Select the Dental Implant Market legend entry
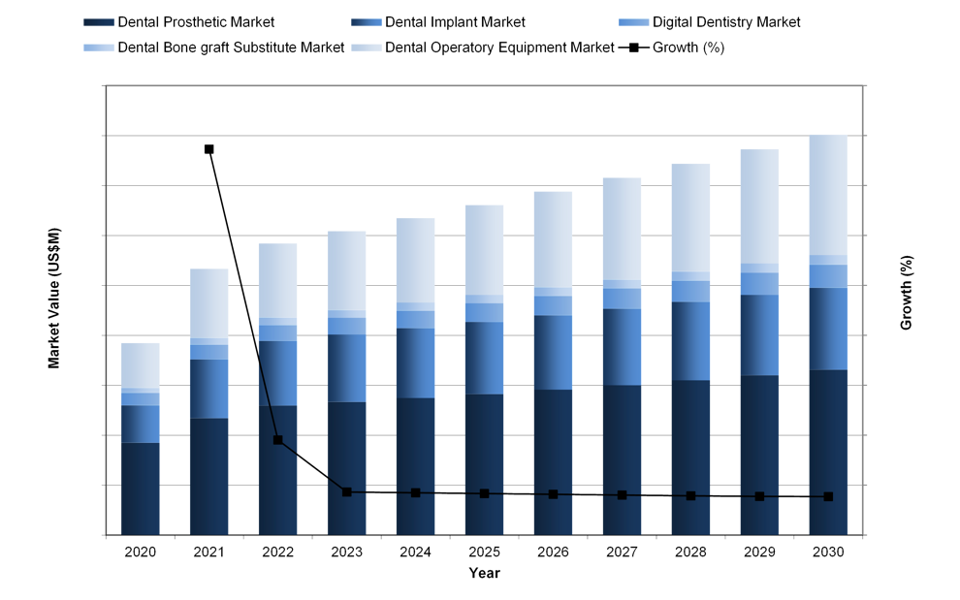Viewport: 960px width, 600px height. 427,22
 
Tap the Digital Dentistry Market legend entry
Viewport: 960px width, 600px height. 713,22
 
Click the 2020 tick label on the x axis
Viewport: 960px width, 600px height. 141,552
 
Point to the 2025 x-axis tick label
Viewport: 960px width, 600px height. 484,552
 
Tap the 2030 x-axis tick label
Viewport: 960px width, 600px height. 828,552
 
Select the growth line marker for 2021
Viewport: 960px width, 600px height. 208,149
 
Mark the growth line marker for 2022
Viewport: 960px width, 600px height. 277,440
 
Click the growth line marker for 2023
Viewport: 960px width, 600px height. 346,492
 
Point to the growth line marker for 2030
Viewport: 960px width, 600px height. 828,496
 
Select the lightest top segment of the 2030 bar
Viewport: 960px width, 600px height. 828,194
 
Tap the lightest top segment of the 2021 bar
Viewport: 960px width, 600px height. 208,302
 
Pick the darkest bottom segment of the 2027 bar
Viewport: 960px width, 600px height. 622,459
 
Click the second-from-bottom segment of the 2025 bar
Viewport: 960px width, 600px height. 484,358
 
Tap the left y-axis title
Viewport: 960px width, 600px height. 54,296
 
